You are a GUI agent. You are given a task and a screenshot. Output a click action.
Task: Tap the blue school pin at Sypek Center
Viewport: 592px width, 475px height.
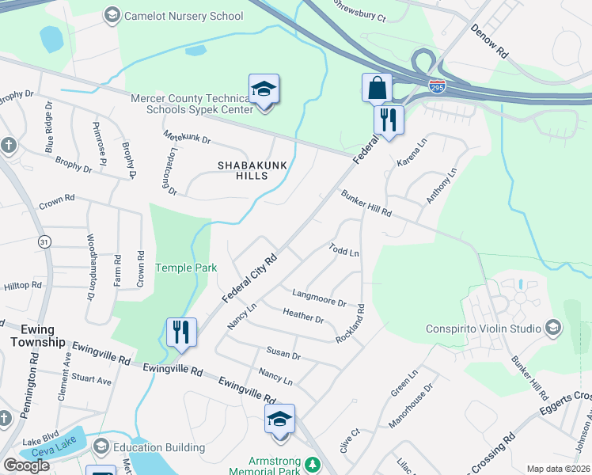(264, 90)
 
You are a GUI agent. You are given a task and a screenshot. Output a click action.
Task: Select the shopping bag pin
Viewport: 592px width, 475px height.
(378, 88)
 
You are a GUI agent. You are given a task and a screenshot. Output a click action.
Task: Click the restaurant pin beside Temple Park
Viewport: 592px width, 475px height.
(182, 332)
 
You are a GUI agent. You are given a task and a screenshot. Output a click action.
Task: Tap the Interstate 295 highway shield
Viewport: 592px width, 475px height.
(437, 83)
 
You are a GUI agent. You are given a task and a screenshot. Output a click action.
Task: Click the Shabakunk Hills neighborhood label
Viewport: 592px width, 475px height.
(246, 169)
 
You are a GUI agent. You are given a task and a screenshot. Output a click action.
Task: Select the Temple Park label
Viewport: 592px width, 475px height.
(186, 268)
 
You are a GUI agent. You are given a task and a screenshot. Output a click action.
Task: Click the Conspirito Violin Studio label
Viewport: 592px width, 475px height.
(484, 328)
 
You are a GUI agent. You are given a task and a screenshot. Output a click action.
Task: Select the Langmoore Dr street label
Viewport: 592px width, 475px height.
(319, 298)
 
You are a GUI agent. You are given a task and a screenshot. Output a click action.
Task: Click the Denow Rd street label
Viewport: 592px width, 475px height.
(488, 40)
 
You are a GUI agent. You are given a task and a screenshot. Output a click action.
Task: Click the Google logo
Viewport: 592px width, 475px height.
(26, 465)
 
